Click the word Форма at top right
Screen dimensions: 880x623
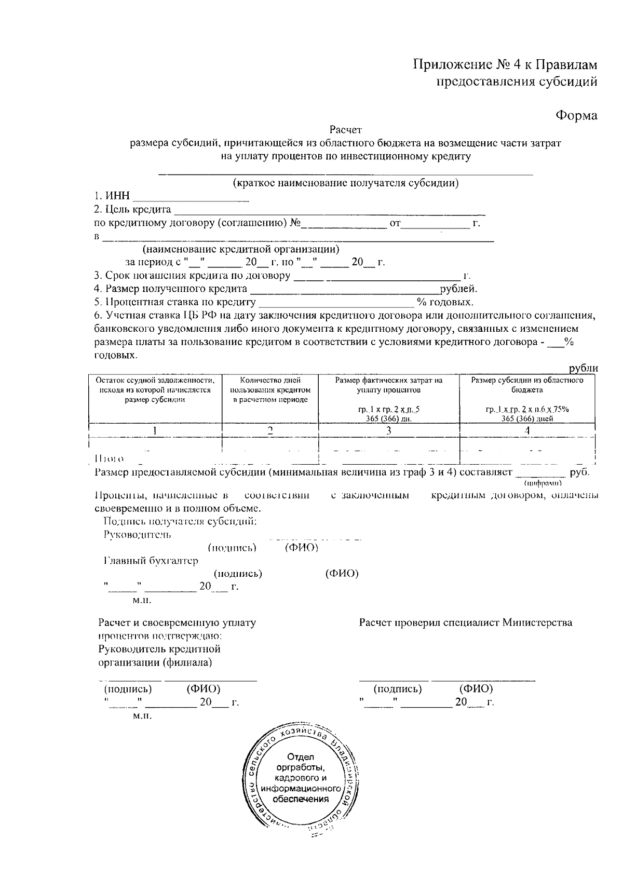tap(576, 115)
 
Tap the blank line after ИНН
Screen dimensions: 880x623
tap(191, 198)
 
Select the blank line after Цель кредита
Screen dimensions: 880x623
tap(329, 211)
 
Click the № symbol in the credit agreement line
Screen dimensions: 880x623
tap(295, 224)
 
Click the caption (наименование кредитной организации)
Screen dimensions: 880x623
tap(241, 249)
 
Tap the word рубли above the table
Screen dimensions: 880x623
tap(583, 368)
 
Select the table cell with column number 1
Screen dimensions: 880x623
tap(155, 430)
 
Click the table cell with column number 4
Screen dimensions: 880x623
tap(527, 430)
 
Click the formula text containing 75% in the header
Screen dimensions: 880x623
tap(527, 409)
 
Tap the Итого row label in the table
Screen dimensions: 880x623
tap(109, 458)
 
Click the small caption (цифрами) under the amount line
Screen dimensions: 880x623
tap(543, 483)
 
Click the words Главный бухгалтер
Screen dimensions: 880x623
tap(151, 561)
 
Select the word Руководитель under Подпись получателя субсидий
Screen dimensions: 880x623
tap(137, 534)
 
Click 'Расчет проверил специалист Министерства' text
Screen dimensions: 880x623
tap(465, 622)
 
